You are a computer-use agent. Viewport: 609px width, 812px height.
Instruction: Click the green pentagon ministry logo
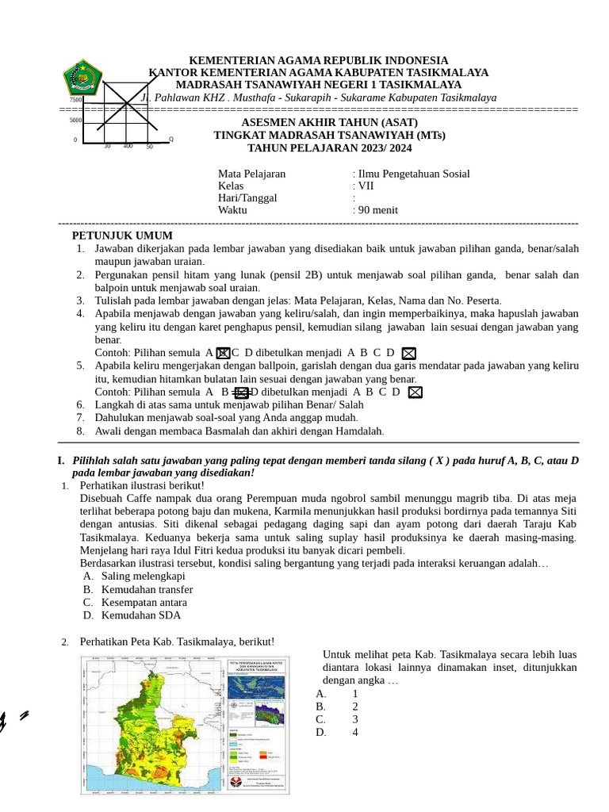click(x=82, y=78)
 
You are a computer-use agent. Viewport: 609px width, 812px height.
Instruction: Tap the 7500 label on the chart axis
click(x=75, y=100)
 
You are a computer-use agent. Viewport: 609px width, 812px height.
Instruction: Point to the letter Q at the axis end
click(x=170, y=140)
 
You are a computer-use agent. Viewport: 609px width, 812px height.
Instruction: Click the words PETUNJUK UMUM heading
click(x=122, y=236)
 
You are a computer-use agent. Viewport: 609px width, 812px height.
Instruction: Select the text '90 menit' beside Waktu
click(x=377, y=210)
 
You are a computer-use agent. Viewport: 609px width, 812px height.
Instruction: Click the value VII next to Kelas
click(x=366, y=186)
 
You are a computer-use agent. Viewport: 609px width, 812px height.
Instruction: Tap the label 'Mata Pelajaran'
click(x=251, y=174)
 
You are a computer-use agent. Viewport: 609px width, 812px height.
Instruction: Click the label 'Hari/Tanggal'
click(x=247, y=198)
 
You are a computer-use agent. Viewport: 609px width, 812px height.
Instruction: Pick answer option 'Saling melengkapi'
click(x=143, y=576)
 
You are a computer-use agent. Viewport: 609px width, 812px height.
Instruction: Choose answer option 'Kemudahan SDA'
click(x=140, y=615)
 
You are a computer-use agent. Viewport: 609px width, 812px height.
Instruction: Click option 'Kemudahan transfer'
click(x=147, y=589)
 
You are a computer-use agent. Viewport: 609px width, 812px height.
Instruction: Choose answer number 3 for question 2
click(x=355, y=719)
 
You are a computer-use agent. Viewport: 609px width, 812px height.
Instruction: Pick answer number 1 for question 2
click(x=355, y=694)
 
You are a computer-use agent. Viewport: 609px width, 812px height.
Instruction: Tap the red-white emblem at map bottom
click(x=236, y=782)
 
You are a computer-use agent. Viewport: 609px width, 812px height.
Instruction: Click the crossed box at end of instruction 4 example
click(x=409, y=353)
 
